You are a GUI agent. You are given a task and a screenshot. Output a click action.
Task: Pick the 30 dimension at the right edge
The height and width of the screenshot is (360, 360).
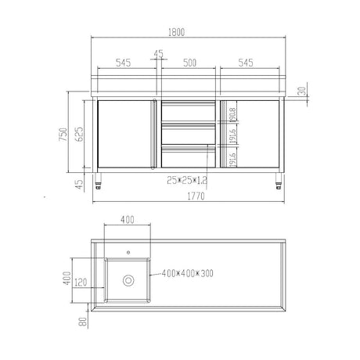[303, 91]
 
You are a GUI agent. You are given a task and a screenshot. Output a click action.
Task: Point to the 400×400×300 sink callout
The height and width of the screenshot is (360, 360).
[189, 275]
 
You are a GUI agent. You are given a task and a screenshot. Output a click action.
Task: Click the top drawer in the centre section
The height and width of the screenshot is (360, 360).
[186, 110]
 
